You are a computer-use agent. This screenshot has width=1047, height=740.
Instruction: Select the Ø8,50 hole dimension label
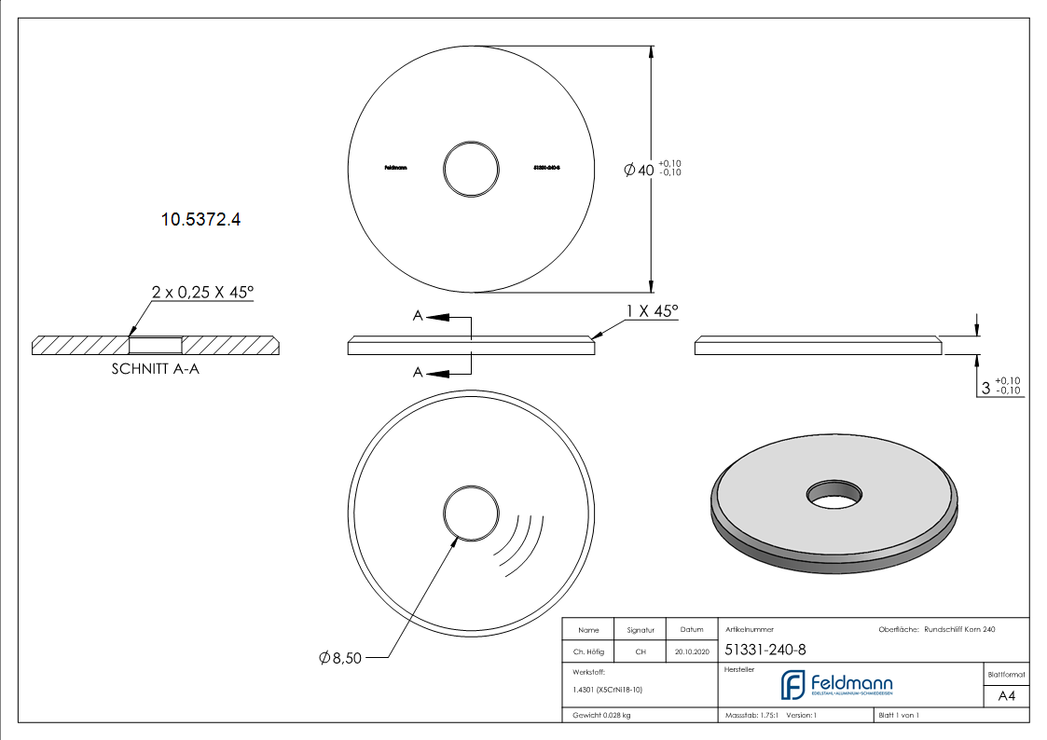click(340, 659)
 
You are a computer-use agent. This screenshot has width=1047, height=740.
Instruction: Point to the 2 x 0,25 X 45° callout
click(202, 292)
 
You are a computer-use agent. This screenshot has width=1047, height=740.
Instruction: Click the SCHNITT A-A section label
click(156, 369)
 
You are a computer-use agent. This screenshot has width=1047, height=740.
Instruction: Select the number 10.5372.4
click(201, 220)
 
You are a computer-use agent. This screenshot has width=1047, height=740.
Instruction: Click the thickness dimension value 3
click(986, 388)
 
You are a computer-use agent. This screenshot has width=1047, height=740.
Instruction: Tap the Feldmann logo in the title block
click(836, 685)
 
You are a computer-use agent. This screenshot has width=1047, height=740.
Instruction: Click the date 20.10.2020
click(691, 652)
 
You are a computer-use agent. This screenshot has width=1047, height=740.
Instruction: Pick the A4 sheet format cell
click(1006, 695)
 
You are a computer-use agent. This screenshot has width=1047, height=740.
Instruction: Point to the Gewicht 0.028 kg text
click(601, 716)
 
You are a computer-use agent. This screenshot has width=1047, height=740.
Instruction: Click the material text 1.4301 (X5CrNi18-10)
click(607, 690)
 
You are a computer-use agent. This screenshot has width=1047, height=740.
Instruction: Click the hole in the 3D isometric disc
click(834, 492)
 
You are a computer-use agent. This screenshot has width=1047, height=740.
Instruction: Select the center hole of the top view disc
click(472, 170)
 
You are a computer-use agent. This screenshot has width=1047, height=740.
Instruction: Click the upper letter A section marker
click(419, 317)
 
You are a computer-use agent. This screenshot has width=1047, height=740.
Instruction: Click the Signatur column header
click(641, 630)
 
